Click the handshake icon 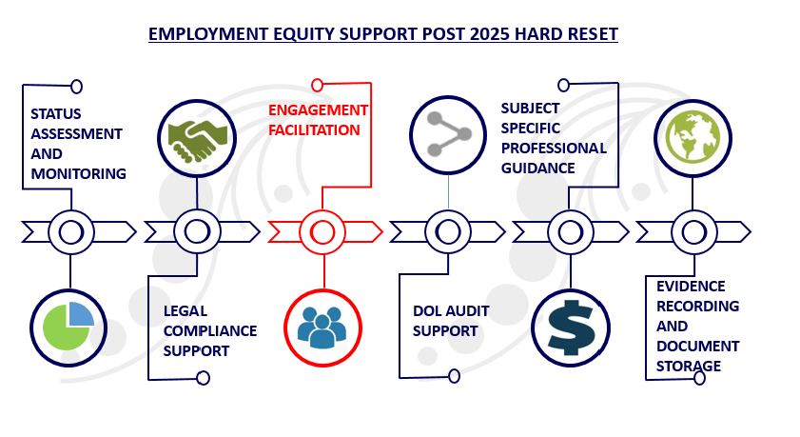(x=197, y=136)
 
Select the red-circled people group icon (x=322, y=327)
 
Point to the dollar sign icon (x=569, y=326)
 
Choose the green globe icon (x=693, y=137)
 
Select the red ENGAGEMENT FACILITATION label (x=318, y=120)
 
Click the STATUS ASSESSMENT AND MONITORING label (x=77, y=143)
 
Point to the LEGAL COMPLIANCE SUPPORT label (x=210, y=330)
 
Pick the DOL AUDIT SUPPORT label (x=445, y=320)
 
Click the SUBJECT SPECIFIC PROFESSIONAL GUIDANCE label (x=554, y=138)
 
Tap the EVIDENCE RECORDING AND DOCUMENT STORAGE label (x=697, y=326)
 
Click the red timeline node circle (x=322, y=231)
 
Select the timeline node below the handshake (x=197, y=231)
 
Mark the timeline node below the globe (x=693, y=231)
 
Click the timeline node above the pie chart (x=70, y=231)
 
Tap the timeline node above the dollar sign (x=570, y=231)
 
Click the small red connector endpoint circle (x=318, y=85)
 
